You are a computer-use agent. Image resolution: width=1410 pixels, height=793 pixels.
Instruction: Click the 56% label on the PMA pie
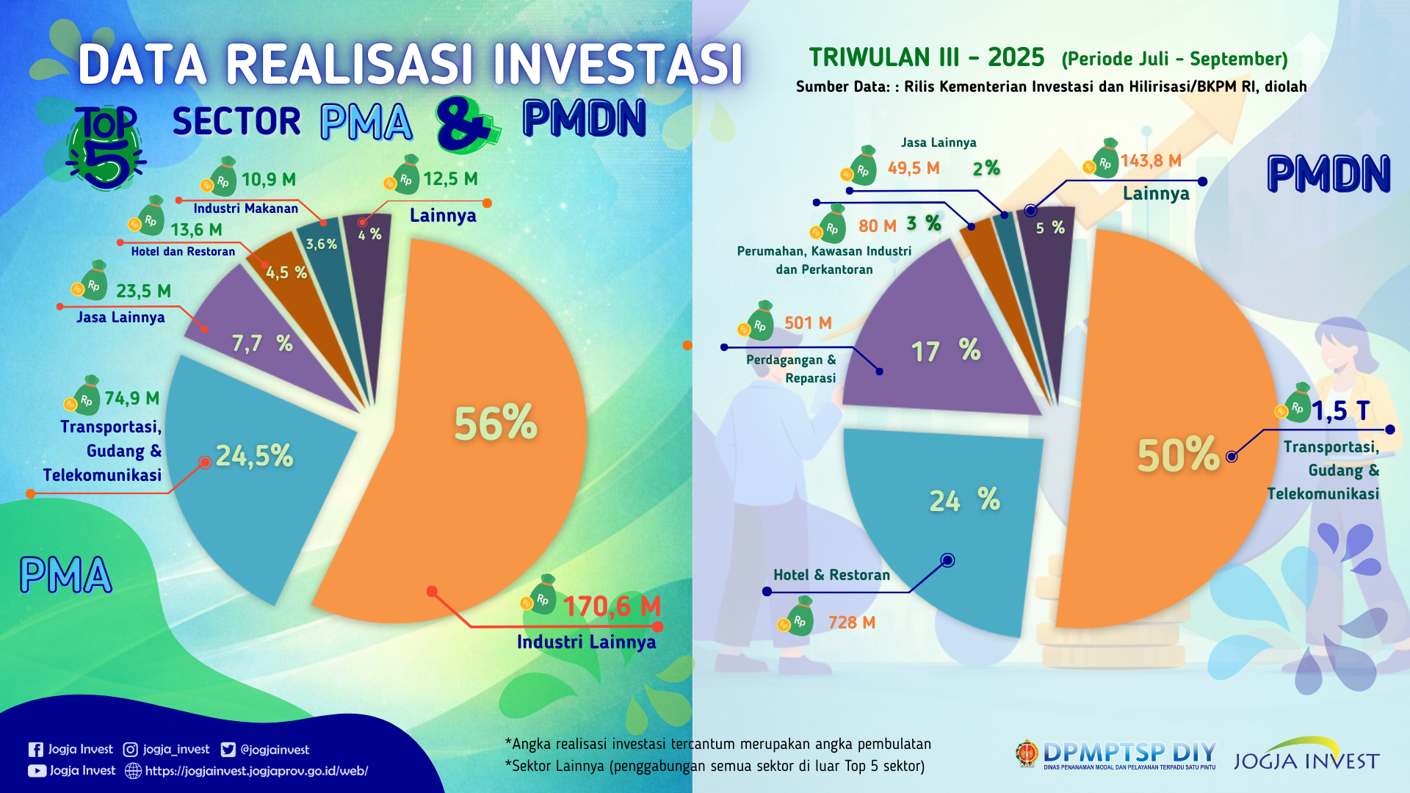coord(496,424)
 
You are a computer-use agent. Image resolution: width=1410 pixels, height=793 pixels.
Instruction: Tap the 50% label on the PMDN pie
coord(1178,455)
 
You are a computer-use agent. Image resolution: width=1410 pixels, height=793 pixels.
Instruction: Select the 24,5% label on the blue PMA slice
coord(254,456)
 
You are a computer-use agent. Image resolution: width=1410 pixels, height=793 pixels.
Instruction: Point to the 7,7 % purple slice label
coord(261,343)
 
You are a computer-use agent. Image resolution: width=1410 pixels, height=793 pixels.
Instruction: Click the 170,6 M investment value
coord(612,606)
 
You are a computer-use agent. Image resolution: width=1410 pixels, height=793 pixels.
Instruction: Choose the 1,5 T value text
coord(1340,410)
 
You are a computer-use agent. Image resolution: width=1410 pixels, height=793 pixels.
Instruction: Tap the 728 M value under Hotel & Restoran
coord(852,623)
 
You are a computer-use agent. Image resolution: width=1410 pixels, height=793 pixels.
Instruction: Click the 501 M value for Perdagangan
coord(808,323)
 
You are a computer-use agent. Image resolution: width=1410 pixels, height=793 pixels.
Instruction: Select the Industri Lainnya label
coord(586,642)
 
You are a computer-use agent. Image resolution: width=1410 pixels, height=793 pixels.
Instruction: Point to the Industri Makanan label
coord(245,209)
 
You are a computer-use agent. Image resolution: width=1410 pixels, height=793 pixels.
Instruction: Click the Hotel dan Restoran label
coord(183,251)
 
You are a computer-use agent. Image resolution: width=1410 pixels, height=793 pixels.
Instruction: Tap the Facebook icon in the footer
coord(35,750)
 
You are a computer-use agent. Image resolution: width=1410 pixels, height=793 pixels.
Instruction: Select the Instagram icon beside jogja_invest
coord(130,750)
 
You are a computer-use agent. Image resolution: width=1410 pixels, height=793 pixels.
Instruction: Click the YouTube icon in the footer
coord(37,771)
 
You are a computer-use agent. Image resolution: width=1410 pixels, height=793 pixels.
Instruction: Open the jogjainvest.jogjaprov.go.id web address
coord(256,771)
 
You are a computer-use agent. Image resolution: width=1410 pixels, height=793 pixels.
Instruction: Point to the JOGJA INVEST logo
coord(1306,756)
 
